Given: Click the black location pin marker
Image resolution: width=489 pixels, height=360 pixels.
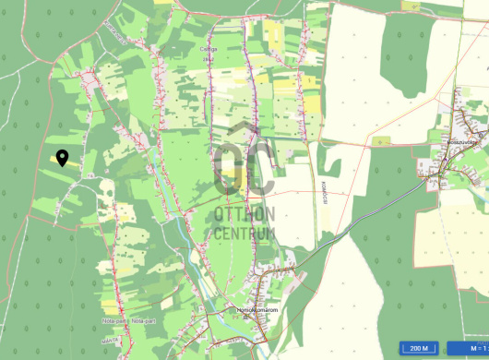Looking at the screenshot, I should click(62, 158).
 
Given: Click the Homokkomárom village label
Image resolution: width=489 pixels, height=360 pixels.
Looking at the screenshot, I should click(257, 309).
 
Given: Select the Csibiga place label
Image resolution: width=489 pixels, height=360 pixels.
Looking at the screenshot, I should click(209, 49).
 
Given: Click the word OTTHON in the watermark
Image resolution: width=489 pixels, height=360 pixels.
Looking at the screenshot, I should click(244, 214).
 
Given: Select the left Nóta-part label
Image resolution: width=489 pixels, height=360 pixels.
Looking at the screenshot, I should click(114, 321).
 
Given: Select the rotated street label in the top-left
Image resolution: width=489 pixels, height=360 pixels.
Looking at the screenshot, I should click(114, 34).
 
